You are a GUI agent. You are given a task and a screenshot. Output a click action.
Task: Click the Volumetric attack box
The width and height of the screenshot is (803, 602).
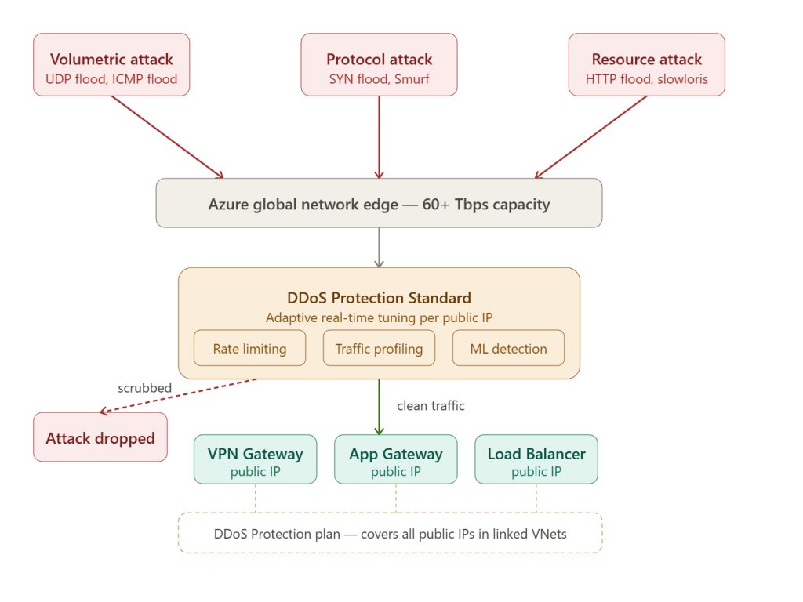point(111,65)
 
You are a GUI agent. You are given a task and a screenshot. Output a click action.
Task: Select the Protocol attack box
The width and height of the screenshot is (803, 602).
point(379,65)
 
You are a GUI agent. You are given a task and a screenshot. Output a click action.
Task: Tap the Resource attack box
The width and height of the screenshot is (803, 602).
point(646,65)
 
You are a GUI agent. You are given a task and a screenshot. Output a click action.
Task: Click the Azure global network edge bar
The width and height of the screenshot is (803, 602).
point(379,204)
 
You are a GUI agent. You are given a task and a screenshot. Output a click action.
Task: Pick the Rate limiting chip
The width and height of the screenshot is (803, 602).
point(249,348)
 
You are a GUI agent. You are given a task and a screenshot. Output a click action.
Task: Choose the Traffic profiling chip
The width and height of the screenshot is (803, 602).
point(379,348)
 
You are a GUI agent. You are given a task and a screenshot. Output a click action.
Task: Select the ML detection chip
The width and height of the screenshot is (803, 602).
point(508,348)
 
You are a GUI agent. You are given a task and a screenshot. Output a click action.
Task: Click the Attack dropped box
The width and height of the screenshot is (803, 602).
point(100,437)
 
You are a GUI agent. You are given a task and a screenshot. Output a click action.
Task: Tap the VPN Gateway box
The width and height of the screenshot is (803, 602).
point(255,459)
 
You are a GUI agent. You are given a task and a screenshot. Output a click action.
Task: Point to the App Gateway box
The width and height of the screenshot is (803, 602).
point(395,459)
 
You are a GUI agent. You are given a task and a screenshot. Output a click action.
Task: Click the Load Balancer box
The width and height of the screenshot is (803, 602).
point(536,459)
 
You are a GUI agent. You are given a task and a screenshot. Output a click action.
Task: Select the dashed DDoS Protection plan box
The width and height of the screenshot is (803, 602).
point(390,534)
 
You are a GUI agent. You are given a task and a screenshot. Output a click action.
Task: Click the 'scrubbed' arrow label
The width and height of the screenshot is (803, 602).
point(144,388)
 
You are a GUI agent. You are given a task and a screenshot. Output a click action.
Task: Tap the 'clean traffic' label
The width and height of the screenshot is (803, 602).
point(431,405)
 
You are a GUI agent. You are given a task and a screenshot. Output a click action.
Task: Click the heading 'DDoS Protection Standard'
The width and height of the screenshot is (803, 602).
point(379,298)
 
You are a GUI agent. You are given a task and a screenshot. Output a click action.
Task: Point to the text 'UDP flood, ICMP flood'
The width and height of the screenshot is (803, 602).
point(111,79)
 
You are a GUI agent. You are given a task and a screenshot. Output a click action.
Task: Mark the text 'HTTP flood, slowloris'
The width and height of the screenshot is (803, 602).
point(646,79)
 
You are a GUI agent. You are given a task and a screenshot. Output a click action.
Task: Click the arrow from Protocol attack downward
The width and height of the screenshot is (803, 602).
point(379,137)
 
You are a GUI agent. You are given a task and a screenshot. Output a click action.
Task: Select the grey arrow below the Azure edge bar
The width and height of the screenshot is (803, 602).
point(379,247)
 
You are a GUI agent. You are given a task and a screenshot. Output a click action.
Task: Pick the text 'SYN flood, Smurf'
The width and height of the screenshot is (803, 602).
point(379,79)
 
